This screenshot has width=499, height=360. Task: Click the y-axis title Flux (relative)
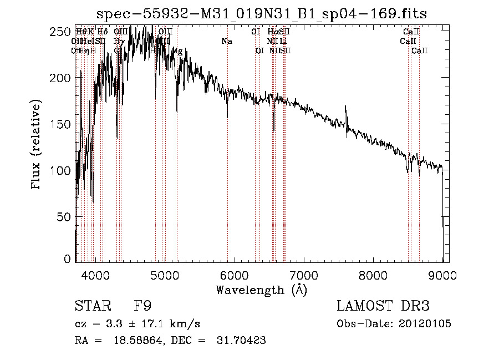tap(37, 145)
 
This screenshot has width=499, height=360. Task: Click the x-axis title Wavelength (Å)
tap(262, 290)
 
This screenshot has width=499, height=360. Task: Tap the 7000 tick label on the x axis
tap(303, 274)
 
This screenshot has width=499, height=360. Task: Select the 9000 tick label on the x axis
tap(442, 274)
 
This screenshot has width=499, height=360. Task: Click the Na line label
tap(226, 42)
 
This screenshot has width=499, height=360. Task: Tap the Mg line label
tap(177, 51)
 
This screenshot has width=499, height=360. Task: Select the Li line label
tap(283, 42)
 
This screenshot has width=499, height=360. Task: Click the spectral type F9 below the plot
tap(143, 306)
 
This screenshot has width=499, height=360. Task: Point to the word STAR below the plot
tap(92, 306)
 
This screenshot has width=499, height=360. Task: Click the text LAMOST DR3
tap(383, 306)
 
